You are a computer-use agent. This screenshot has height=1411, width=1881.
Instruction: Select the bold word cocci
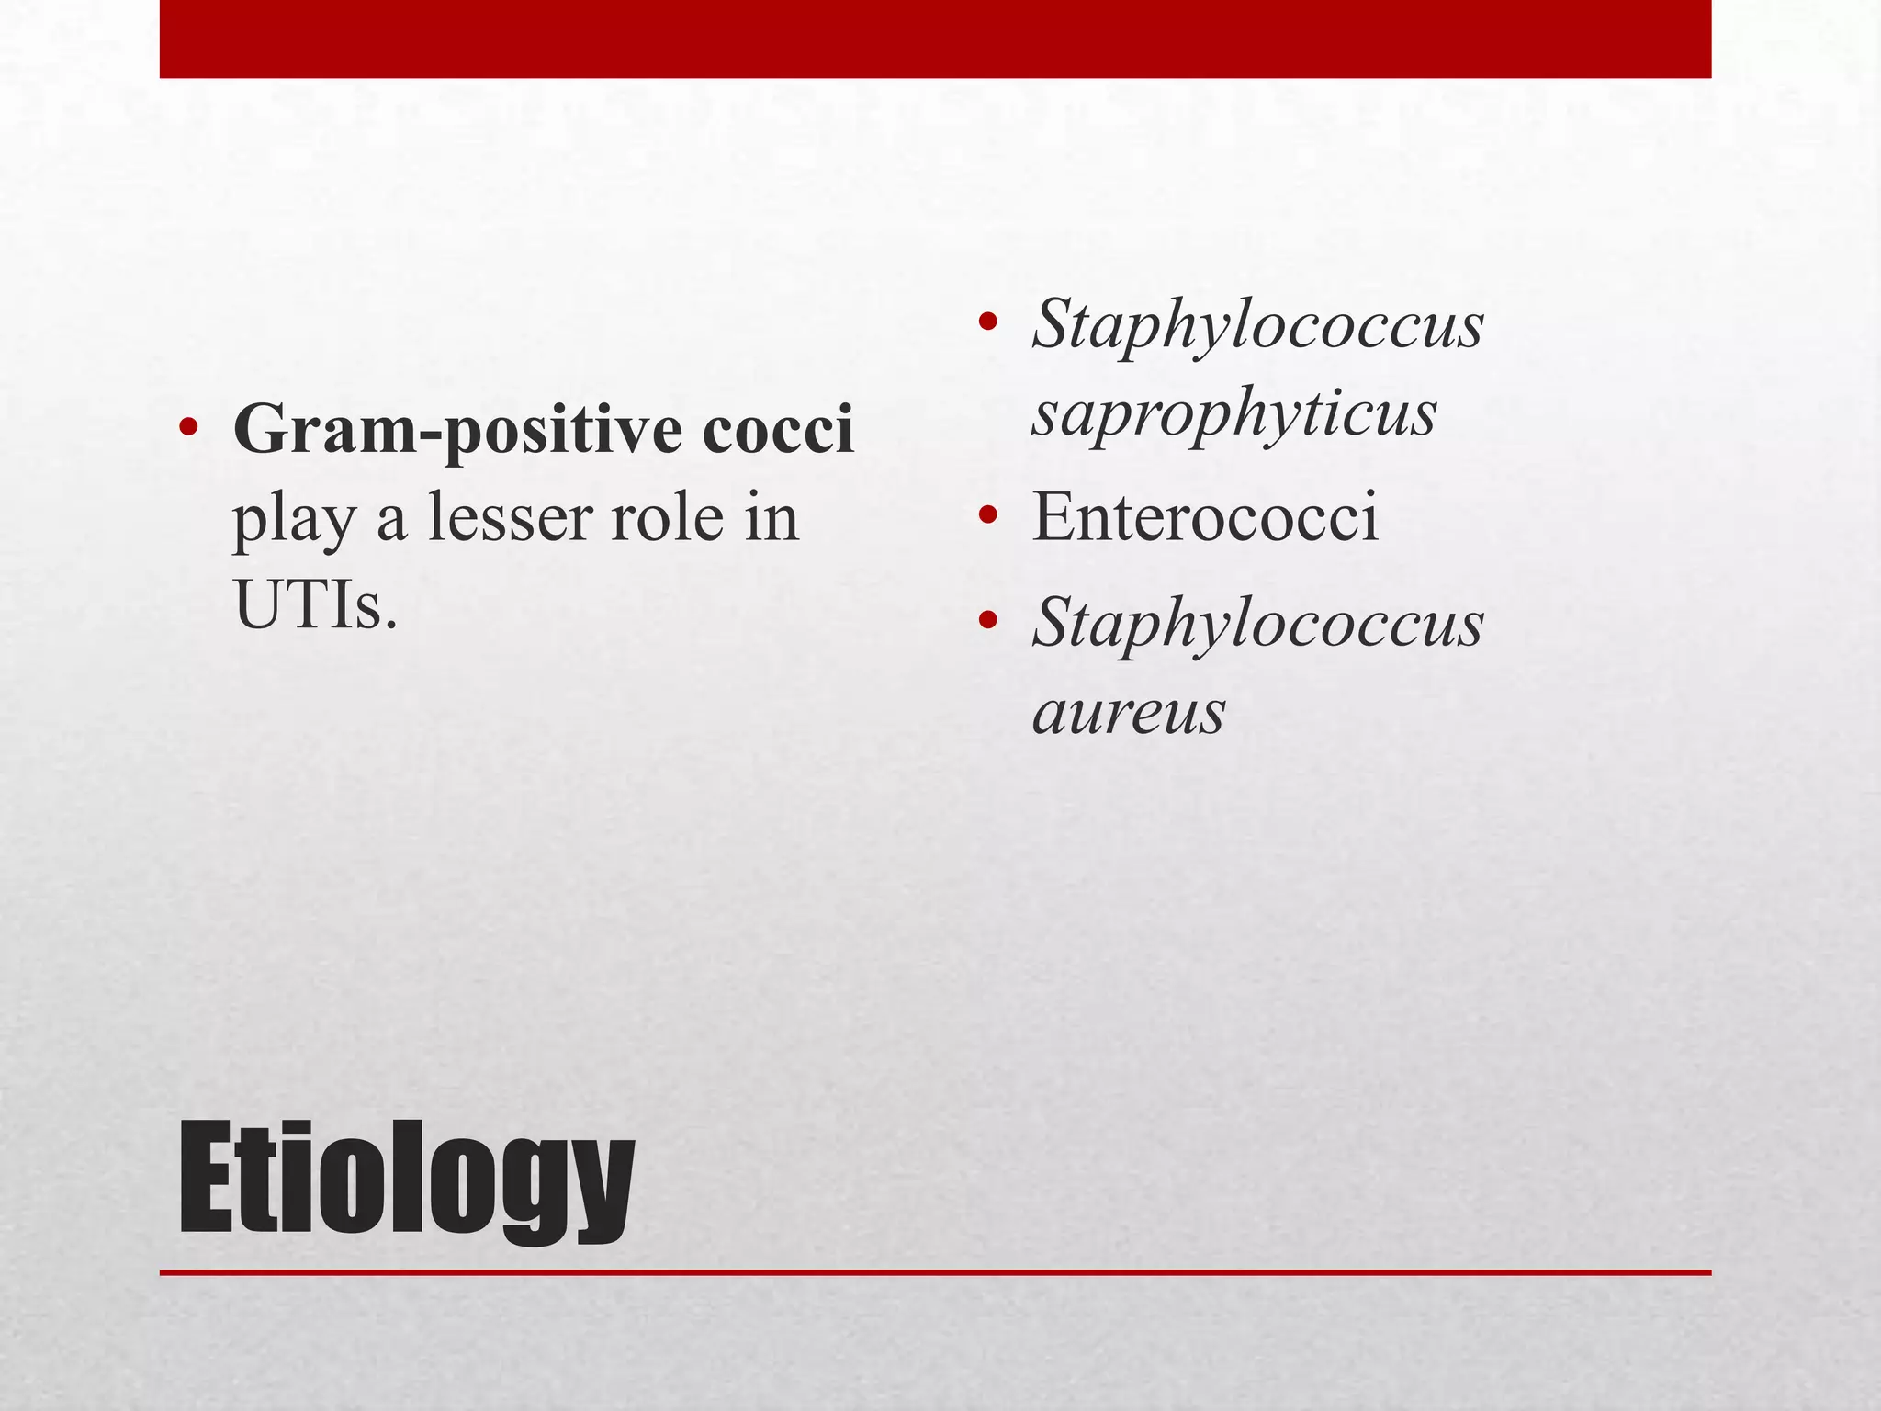coord(778,431)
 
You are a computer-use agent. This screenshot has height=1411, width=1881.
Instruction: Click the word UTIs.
coord(316,606)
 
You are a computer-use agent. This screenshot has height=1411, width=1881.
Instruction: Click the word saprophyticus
coord(1233,414)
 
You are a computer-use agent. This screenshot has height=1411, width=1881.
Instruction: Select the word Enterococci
coord(1204,517)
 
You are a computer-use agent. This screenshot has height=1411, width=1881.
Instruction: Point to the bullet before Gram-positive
coord(188,429)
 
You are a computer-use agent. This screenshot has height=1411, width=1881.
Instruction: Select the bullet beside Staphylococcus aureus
coord(987,621)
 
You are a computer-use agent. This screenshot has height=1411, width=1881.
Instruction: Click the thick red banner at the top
coord(935,39)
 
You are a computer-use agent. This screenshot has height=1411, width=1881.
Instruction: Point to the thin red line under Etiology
coord(935,1272)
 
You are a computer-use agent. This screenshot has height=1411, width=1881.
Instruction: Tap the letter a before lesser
coord(392,520)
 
